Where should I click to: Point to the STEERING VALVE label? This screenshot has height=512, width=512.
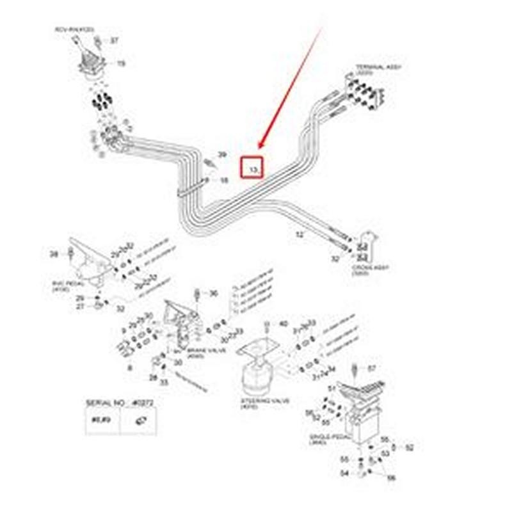pyautogui.click(x=265, y=402)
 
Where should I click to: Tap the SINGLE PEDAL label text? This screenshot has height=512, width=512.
pyautogui.click(x=324, y=438)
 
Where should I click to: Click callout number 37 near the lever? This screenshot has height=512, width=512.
pyautogui.click(x=115, y=40)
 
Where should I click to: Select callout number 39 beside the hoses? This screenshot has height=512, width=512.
pyautogui.click(x=222, y=155)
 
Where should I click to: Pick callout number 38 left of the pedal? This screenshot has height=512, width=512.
pyautogui.click(x=54, y=254)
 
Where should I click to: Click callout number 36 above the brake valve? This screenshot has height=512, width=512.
pyautogui.click(x=213, y=293)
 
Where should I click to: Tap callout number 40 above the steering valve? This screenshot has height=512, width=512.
pyautogui.click(x=284, y=324)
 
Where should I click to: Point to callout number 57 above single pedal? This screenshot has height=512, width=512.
pyautogui.click(x=371, y=368)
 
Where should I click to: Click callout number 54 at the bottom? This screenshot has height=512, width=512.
pyautogui.click(x=344, y=474)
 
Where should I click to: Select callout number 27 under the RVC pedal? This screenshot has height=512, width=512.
pyautogui.click(x=81, y=307)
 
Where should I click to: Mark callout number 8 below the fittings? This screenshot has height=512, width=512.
pyautogui.click(x=130, y=368)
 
